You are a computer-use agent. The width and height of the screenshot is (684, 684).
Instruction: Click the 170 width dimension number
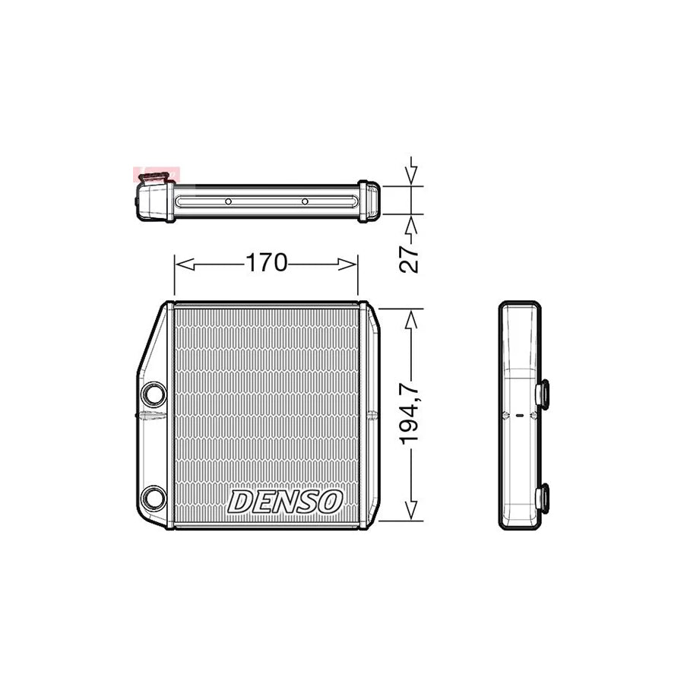265,263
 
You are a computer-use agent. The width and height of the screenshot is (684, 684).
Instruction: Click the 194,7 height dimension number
410,415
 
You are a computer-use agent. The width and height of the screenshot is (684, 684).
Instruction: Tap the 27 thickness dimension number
410,258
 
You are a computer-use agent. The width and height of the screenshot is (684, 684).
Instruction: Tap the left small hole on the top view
227,202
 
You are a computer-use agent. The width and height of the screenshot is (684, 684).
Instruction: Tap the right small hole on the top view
305,202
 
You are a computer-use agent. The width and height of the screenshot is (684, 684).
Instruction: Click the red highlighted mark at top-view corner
153,176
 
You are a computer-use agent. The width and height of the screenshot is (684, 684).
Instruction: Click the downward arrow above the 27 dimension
411,176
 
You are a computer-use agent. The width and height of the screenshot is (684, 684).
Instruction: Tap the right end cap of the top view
369,201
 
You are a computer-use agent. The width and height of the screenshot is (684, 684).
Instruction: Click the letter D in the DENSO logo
241,502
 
